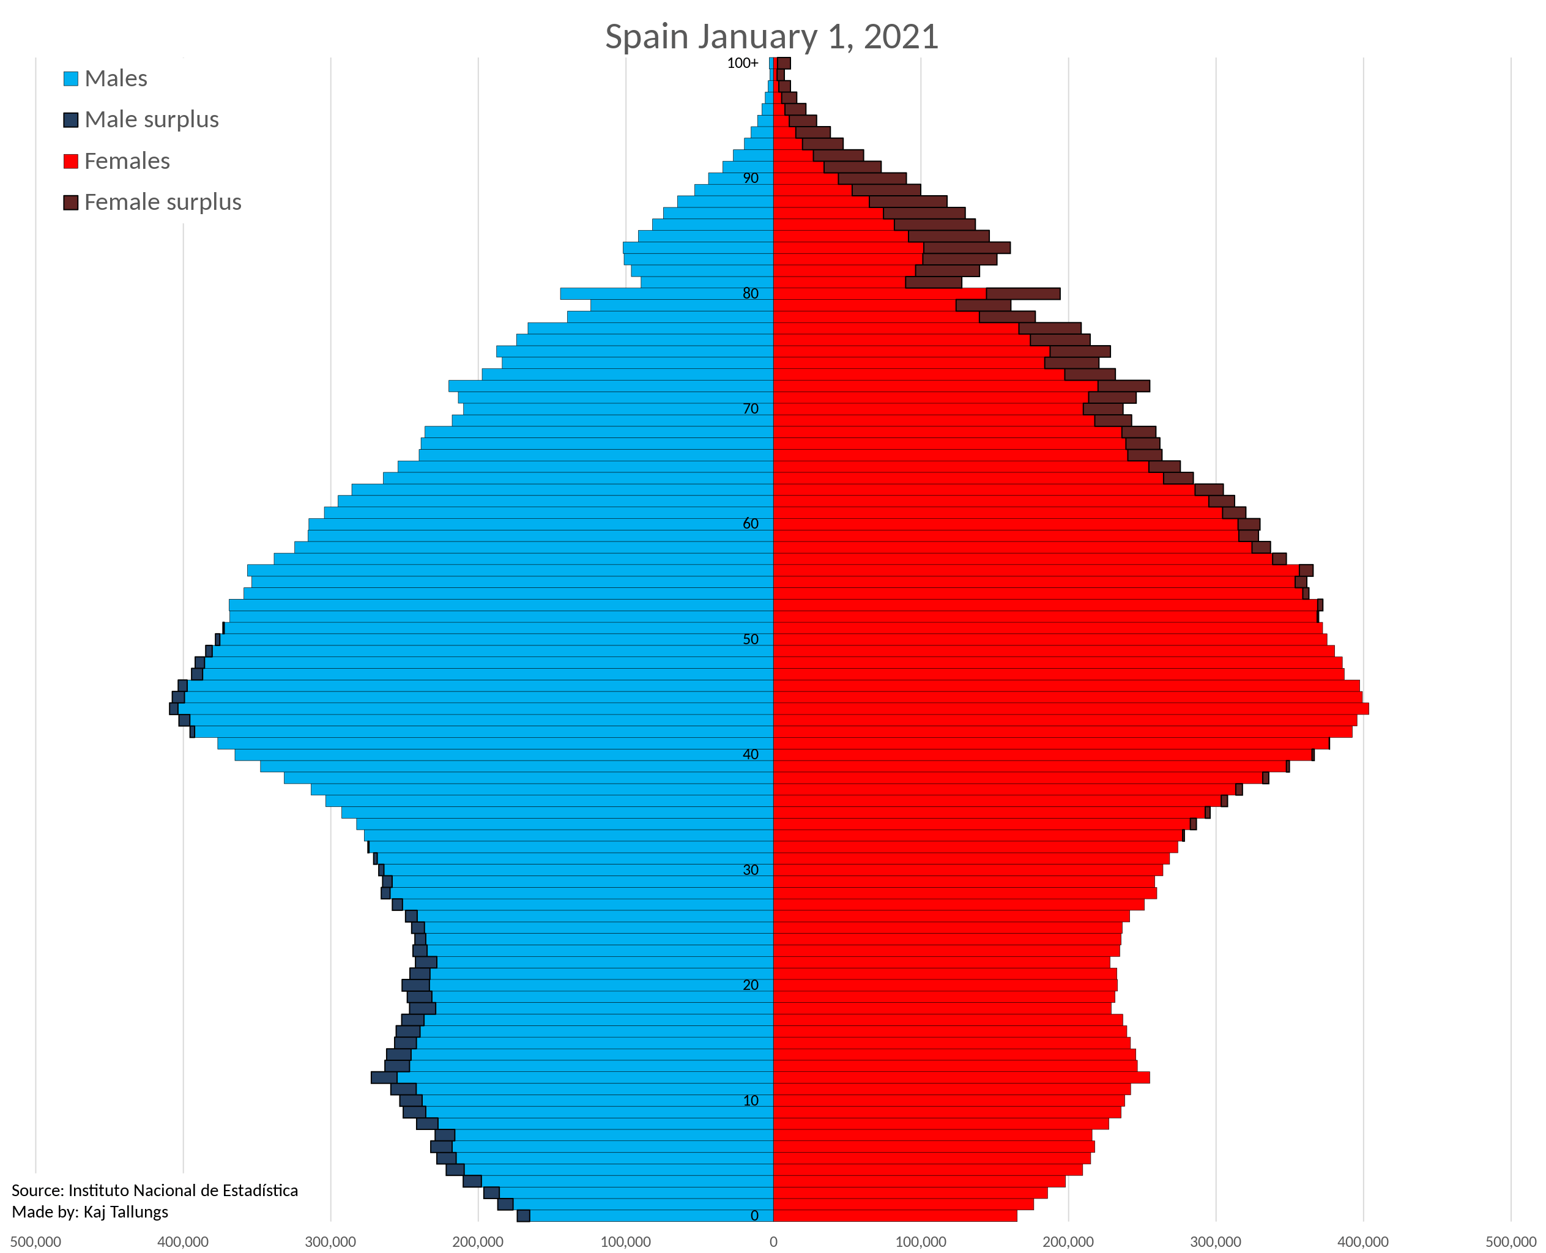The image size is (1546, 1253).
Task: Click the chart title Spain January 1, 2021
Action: pyautogui.click(x=771, y=36)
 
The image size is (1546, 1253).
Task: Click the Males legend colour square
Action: pyautogui.click(x=71, y=79)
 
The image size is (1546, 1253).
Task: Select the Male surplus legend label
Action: pyautogui.click(x=152, y=119)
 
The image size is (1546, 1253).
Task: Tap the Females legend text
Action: pyautogui.click(x=127, y=160)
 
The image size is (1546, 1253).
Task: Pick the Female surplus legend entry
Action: pyautogui.click(x=162, y=202)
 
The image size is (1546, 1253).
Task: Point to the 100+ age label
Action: pyautogui.click(x=742, y=63)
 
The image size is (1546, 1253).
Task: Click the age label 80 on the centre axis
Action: pyautogui.click(x=751, y=293)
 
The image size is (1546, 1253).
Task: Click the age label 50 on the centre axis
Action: pyautogui.click(x=751, y=639)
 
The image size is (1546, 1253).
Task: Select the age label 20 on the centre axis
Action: pyautogui.click(x=751, y=984)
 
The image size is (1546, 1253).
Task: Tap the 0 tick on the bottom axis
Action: pyautogui.click(x=773, y=1241)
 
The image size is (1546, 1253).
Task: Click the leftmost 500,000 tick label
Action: pyautogui.click(x=36, y=1241)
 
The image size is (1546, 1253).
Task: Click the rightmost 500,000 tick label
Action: pyautogui.click(x=1511, y=1241)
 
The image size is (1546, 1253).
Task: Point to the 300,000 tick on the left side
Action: pyautogui.click(x=330, y=1241)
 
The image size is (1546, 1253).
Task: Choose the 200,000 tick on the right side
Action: pyautogui.click(x=1068, y=1241)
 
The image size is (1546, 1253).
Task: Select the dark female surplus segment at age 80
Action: pyautogui.click(x=1023, y=294)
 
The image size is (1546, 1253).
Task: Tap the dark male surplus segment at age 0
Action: pyautogui.click(x=523, y=1216)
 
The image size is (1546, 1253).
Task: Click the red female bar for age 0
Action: pyautogui.click(x=895, y=1216)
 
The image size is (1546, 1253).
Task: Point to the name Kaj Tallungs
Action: pyautogui.click(x=125, y=1212)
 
